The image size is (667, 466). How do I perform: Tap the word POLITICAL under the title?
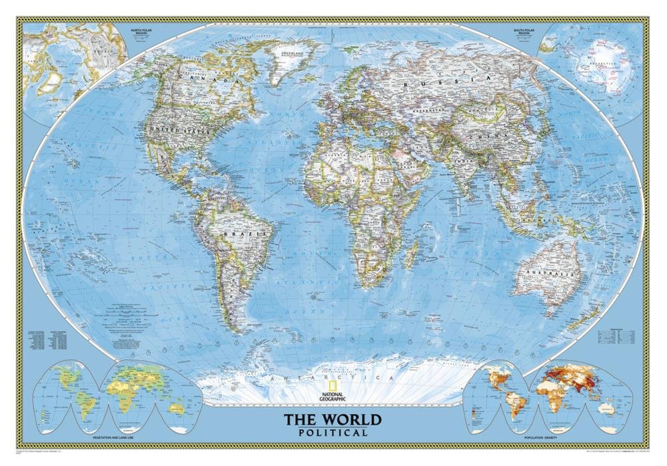tap(333, 433)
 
